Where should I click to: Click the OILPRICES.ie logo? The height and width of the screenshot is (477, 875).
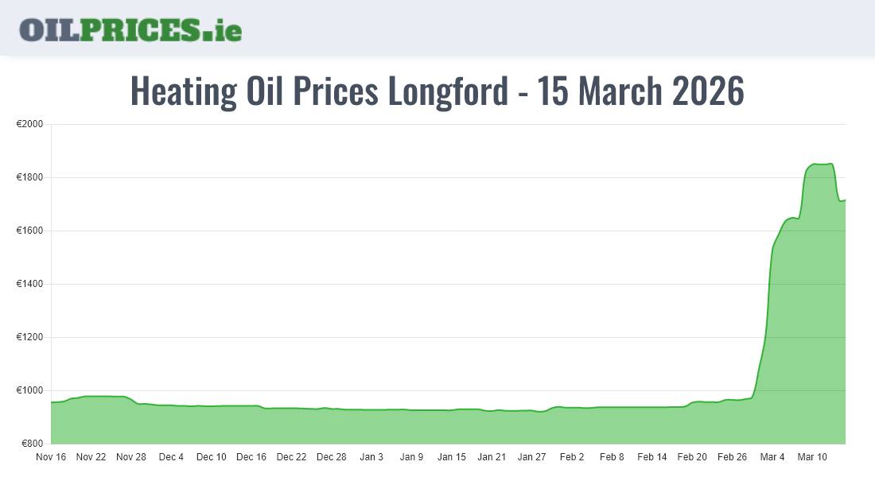(130, 29)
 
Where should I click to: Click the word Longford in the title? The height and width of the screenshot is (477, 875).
(447, 91)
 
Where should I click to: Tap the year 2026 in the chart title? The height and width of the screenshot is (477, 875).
(708, 91)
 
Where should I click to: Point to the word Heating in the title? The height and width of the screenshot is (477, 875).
(183, 91)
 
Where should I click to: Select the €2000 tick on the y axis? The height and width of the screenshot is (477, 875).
(29, 125)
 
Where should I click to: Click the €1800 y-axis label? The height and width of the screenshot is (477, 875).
(29, 178)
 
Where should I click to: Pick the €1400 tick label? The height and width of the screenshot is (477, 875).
(29, 285)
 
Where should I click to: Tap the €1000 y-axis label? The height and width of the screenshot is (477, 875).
(29, 391)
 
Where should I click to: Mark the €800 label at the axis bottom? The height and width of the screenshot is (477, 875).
(32, 444)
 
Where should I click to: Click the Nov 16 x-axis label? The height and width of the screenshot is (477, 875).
(52, 457)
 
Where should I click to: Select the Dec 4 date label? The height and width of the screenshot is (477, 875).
(171, 457)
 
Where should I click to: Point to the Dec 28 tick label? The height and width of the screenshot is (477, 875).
(332, 457)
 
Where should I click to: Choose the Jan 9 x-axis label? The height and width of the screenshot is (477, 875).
(411, 457)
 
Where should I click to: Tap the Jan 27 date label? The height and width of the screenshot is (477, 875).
(532, 457)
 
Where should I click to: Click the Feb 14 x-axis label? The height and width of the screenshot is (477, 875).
(652, 457)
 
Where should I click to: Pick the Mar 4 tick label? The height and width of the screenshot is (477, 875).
(772, 457)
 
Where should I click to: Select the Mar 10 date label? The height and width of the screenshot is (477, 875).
(813, 457)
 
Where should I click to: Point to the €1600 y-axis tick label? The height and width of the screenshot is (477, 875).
(29, 231)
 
